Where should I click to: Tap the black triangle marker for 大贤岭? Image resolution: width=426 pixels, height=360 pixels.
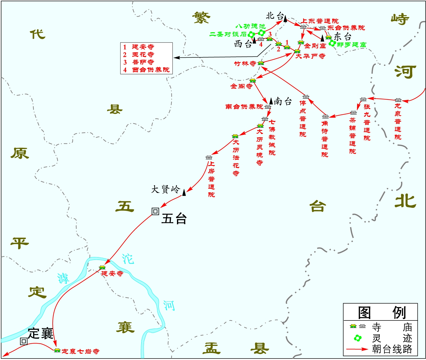[184, 192]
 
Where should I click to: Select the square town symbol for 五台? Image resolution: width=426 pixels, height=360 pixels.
[155, 211]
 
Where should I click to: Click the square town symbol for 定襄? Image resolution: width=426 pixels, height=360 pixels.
[24, 341]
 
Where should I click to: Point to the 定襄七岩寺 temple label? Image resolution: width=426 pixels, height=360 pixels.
[81, 351]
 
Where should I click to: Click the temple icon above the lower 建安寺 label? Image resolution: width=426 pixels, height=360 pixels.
[102, 267]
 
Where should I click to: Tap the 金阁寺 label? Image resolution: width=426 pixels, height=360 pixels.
[241, 86]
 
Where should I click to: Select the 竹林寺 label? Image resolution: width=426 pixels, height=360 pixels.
[245, 63]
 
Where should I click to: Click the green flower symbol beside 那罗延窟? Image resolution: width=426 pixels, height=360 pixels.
[332, 43]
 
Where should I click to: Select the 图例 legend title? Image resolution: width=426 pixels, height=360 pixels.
[381, 313]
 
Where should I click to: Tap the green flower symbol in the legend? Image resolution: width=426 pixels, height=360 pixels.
[357, 338]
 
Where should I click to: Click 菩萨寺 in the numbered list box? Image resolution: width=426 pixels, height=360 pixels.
[143, 62]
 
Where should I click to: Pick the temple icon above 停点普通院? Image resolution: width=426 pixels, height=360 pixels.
[306, 97]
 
